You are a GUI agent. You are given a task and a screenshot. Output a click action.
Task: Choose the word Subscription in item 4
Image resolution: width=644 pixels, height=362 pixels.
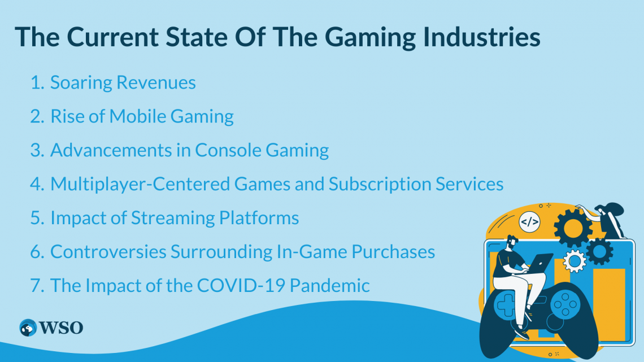click(x=380, y=185)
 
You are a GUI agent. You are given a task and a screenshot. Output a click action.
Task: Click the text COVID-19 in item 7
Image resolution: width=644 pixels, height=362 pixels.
click(x=241, y=285)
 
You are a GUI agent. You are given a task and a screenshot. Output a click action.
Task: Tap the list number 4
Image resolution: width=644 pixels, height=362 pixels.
click(x=37, y=184)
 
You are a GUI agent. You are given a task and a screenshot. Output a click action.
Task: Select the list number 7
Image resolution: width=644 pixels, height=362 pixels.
click(x=37, y=286)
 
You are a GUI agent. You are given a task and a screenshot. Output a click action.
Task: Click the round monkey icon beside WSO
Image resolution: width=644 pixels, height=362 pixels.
click(x=28, y=328)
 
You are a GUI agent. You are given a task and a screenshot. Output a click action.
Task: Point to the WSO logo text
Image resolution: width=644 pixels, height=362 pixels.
click(x=61, y=328)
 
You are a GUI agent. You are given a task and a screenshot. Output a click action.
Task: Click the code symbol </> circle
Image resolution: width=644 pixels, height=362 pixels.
click(x=529, y=222)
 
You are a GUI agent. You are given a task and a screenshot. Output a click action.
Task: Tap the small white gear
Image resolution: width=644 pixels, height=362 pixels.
click(x=574, y=261)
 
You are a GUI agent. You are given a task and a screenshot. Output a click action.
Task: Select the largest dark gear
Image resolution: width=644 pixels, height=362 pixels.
click(x=572, y=228)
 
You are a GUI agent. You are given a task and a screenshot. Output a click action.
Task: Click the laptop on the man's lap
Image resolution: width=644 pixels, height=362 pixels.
click(x=539, y=263)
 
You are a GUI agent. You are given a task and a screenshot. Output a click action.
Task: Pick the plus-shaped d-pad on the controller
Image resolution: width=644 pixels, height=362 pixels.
click(x=506, y=305)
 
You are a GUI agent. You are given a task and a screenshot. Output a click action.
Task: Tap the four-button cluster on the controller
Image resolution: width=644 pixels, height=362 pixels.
click(x=565, y=304)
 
